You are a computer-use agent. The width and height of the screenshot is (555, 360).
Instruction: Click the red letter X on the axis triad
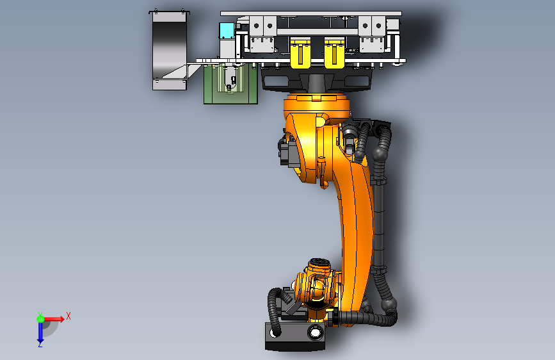point(68,316)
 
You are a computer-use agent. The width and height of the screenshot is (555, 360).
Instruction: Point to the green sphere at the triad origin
point(40,319)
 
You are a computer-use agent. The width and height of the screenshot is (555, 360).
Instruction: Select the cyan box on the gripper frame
point(227,31)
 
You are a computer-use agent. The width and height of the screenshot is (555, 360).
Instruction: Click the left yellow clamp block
point(300,53)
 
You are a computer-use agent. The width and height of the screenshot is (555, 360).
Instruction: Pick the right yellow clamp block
point(335,53)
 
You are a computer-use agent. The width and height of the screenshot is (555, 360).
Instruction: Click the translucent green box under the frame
point(230,84)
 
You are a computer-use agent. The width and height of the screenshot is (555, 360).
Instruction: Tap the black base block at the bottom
point(295,336)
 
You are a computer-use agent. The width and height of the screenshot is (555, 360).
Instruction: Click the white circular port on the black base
point(315,332)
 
